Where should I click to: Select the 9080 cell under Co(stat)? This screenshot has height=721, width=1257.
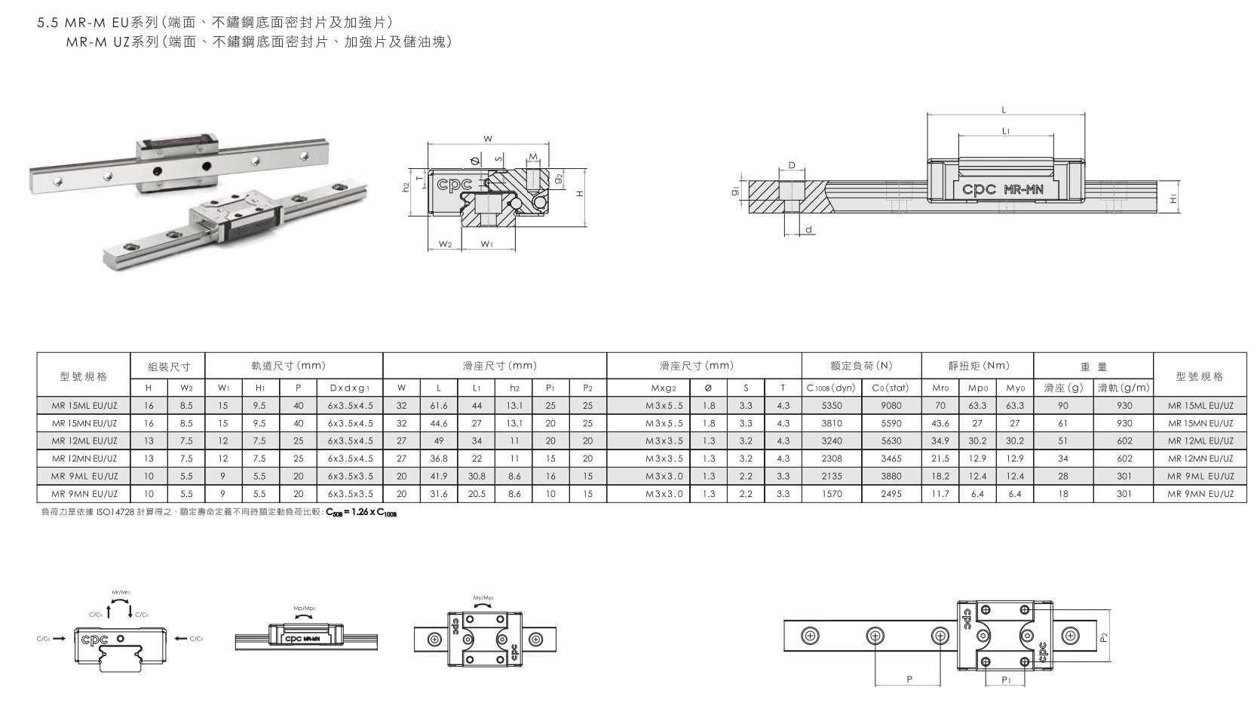click(x=891, y=405)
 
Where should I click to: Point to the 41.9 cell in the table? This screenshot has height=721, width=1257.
click(x=439, y=476)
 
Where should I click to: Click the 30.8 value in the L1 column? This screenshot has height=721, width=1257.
click(x=477, y=476)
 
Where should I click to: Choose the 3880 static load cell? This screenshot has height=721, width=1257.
click(x=891, y=476)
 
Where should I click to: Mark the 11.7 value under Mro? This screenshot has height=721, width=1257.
click(x=940, y=494)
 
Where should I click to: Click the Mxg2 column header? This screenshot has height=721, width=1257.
click(x=664, y=388)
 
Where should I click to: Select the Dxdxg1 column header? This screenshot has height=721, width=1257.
click(x=350, y=388)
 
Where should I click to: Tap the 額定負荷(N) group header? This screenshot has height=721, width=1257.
click(x=861, y=366)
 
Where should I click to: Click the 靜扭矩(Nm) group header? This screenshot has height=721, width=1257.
click(x=979, y=366)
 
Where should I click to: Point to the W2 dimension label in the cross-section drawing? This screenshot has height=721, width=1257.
click(x=445, y=244)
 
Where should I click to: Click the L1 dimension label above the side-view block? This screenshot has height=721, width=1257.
click(x=1006, y=130)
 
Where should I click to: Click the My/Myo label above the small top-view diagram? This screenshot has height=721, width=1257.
click(x=483, y=598)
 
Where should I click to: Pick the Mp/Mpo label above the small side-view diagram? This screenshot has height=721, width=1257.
click(x=305, y=607)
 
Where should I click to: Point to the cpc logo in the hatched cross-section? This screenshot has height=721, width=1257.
click(x=452, y=184)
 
